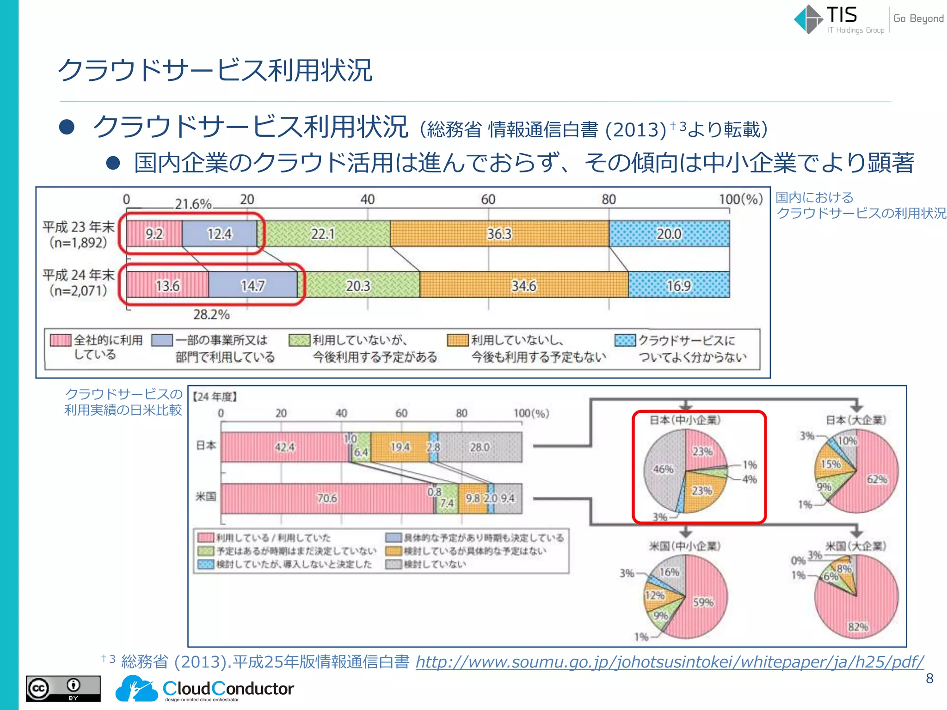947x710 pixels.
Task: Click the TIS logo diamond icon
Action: tap(809, 19)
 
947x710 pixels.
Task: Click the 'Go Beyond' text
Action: tap(918, 18)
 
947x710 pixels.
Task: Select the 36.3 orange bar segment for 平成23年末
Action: tap(499, 234)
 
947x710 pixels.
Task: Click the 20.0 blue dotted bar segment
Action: tap(669, 234)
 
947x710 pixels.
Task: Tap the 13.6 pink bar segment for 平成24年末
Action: tap(167, 286)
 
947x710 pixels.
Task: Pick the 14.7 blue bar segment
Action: tap(252, 286)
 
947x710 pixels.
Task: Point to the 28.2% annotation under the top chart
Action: tap(211, 315)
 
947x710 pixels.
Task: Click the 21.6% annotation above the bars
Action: tap(193, 204)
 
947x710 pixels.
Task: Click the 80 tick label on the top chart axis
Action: tap(609, 199)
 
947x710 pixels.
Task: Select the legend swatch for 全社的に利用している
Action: tap(61, 340)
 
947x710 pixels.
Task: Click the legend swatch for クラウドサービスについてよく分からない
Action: tap(625, 341)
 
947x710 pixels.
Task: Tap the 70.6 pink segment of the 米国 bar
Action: tap(327, 498)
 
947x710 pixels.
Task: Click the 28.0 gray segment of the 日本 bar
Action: tap(480, 447)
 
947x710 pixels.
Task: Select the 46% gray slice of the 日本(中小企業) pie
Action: tap(663, 469)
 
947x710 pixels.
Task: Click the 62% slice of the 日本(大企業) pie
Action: tap(877, 479)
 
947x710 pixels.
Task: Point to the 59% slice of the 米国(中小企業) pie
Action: tap(703, 602)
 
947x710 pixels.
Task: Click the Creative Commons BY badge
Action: tap(63, 688)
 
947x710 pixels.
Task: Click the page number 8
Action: tap(929, 679)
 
